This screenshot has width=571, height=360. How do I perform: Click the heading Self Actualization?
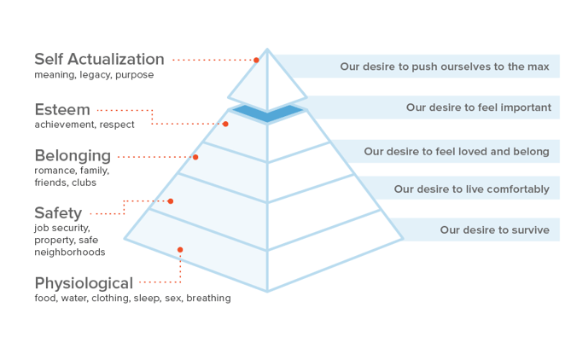click(x=99, y=59)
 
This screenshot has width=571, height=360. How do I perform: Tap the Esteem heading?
click(x=62, y=109)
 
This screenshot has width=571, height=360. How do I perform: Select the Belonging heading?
click(x=73, y=155)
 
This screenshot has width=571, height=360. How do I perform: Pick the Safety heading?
click(x=58, y=212)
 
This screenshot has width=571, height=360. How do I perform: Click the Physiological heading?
click(x=84, y=282)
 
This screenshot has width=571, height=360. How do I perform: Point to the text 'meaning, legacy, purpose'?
click(x=94, y=75)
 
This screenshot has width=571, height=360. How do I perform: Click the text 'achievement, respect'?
click(x=84, y=125)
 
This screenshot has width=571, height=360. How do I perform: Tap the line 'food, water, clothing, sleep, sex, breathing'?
click(x=132, y=299)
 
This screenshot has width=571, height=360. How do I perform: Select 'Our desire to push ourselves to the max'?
click(x=444, y=66)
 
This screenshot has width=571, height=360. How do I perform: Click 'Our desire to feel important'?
click(x=478, y=107)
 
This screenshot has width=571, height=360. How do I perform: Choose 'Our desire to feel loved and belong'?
click(x=457, y=151)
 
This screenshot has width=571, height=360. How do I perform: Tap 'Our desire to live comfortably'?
click(x=471, y=189)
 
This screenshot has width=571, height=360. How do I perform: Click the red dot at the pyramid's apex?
click(x=256, y=60)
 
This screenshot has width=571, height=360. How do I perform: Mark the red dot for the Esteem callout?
click(x=225, y=124)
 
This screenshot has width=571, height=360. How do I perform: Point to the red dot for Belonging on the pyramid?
click(x=195, y=157)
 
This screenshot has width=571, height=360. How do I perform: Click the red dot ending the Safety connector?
click(x=171, y=201)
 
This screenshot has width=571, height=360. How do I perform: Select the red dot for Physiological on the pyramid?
click(x=180, y=250)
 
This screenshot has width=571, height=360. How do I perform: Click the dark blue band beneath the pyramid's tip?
click(x=268, y=113)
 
